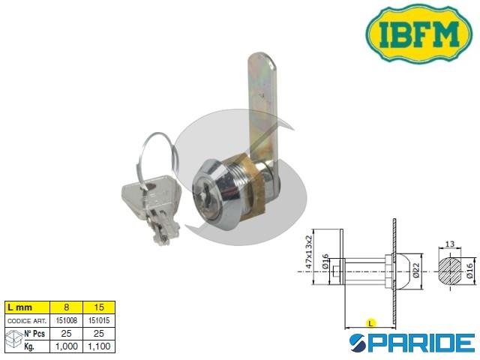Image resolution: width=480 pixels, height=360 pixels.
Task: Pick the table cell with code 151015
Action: coord(100,319)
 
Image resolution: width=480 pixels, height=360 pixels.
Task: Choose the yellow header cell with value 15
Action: coord(100,308)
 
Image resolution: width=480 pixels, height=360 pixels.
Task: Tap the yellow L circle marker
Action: coord(370,322)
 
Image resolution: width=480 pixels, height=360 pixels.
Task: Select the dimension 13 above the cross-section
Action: coord(450,244)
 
